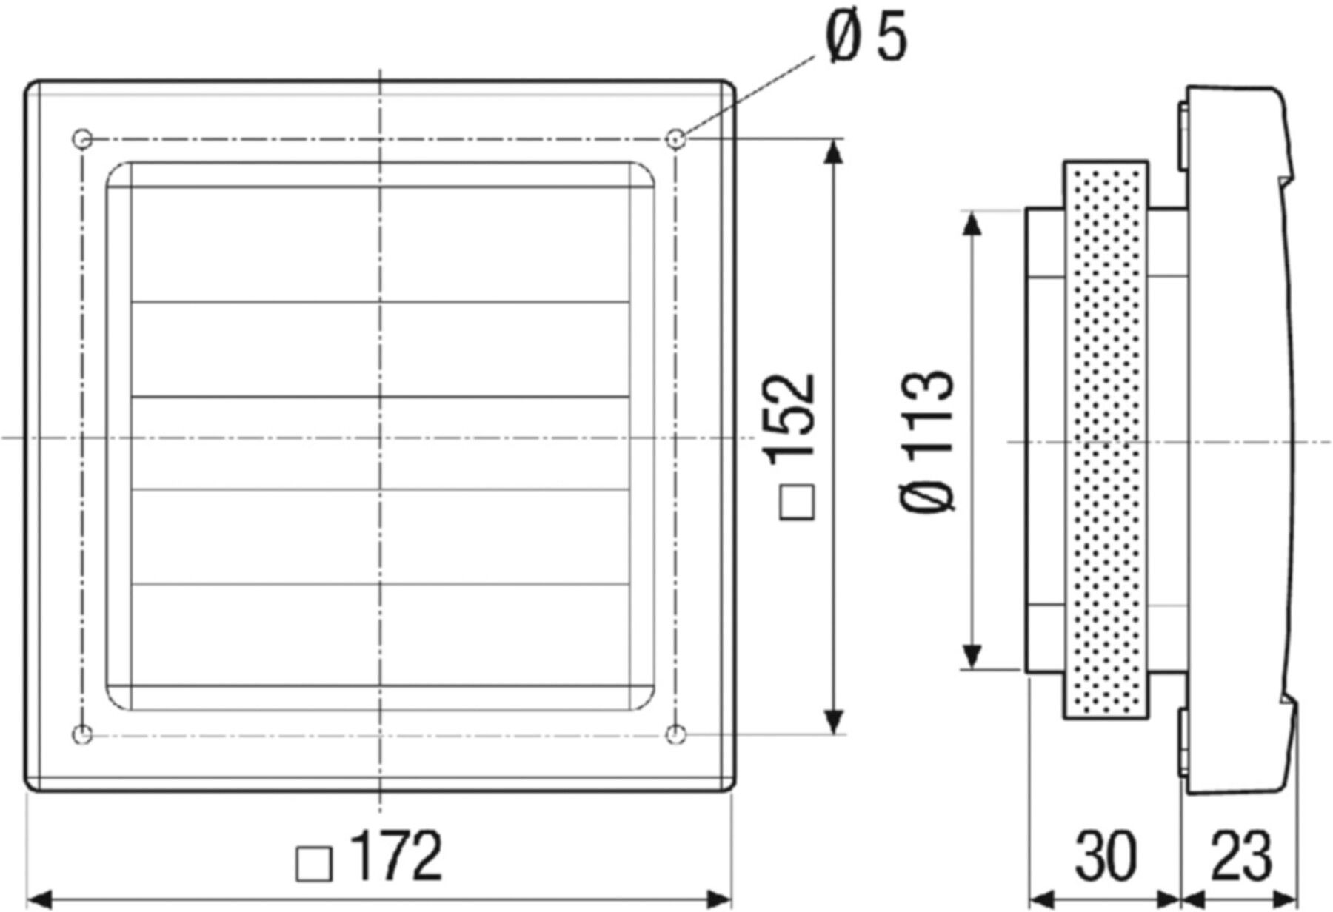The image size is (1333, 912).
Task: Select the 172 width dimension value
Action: coord(396,856)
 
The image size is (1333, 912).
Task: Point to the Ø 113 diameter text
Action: coord(928,440)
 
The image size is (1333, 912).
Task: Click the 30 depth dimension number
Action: coord(1105,856)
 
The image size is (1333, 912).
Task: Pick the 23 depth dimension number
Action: coord(1240,856)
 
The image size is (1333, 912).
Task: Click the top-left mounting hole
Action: coord(82,138)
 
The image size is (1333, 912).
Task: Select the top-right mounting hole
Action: coord(675,138)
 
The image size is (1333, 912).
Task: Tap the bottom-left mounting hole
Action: coord(82,734)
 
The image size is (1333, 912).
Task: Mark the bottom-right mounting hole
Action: coord(675,734)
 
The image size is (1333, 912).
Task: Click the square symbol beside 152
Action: coord(798,503)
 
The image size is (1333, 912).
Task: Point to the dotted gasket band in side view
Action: coord(1106,440)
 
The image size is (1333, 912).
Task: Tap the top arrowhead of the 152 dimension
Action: coord(834,152)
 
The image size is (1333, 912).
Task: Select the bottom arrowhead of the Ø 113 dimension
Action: coord(973,655)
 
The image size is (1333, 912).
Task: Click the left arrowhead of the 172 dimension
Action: coord(39,899)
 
